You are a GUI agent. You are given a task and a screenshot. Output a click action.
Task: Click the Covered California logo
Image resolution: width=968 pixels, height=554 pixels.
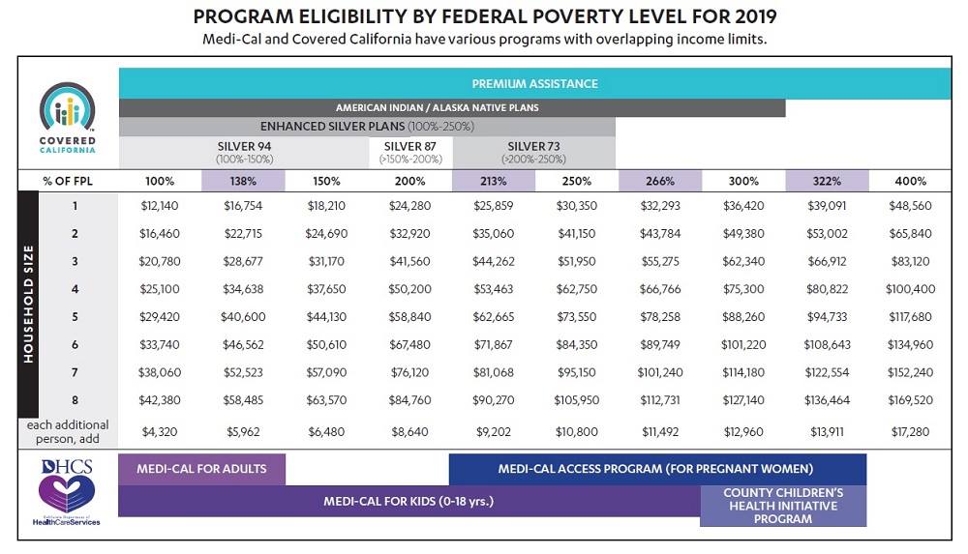coord(68,118)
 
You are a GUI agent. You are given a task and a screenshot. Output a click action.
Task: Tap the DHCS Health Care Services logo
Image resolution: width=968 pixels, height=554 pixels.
coord(67,492)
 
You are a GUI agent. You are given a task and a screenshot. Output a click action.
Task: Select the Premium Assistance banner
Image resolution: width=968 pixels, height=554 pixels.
coord(534,83)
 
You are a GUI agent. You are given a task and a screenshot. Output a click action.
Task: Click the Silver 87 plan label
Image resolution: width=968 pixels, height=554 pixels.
coord(410,152)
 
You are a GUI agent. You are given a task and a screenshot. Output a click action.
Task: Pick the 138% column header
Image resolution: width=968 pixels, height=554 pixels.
coord(243,181)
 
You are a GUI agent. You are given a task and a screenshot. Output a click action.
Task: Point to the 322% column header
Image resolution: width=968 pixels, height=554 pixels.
coord(827,181)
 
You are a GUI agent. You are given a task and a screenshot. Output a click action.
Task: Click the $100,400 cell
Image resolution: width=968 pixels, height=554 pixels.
coord(910,289)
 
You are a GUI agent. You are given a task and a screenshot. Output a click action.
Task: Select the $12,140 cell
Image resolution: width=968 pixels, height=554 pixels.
coord(160,205)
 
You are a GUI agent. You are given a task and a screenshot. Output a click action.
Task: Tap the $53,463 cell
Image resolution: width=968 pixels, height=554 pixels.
coord(494,289)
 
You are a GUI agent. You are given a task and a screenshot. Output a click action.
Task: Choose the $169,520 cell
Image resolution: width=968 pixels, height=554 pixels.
coord(910,399)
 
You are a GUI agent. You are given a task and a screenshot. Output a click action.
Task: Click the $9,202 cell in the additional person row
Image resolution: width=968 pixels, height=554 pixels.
coord(494,432)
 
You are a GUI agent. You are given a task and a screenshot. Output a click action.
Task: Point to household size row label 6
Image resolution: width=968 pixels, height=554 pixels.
coord(75,344)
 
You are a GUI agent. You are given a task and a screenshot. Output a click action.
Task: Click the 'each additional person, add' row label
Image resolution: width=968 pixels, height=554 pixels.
coord(68,432)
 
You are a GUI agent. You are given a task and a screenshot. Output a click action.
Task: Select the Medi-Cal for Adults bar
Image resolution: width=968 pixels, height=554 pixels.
coord(202,469)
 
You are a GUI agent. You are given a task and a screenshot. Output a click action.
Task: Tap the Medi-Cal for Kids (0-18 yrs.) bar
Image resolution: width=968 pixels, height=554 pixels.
coord(408,501)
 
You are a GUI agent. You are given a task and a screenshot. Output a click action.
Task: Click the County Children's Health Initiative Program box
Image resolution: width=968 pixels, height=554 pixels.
coord(783,506)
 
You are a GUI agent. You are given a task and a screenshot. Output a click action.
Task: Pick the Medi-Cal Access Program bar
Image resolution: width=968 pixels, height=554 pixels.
coord(657,469)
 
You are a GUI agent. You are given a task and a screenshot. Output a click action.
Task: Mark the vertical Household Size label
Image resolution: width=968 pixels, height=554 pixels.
coord(28,305)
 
